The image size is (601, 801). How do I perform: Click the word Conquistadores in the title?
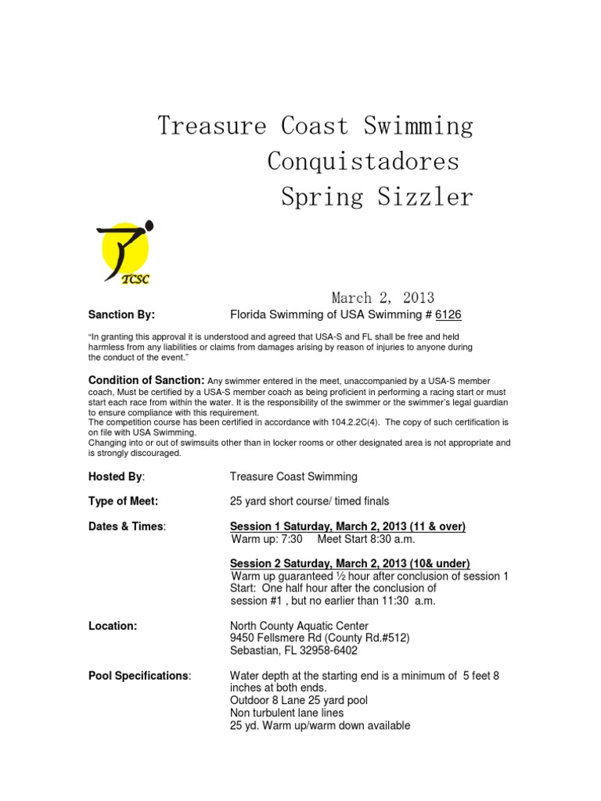[x=363, y=161]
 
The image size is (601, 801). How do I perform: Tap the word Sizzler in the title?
[x=424, y=197]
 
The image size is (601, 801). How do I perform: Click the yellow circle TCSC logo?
[x=124, y=252]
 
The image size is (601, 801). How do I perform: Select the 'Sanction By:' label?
[x=121, y=314]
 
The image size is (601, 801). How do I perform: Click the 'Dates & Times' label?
[x=127, y=526]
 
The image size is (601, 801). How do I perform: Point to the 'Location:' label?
[x=113, y=626]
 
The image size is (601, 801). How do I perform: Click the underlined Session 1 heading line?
[x=347, y=526]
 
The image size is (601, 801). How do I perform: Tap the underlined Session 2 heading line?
[x=350, y=563]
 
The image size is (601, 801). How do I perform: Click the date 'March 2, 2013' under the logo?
[x=383, y=297]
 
